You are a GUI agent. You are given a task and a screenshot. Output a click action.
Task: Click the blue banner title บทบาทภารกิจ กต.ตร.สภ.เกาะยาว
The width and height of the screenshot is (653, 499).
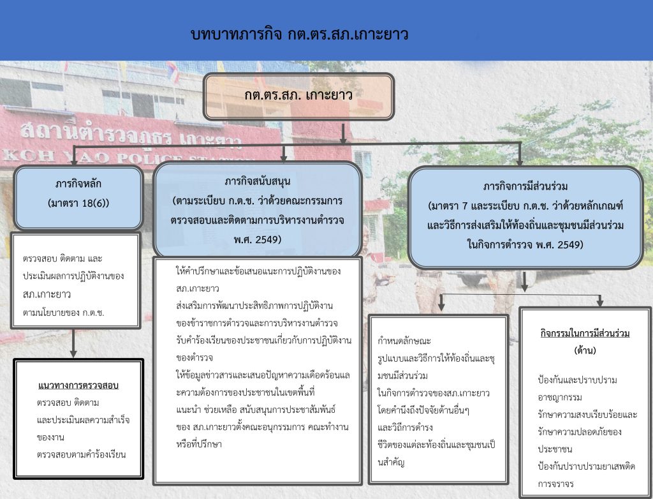299,34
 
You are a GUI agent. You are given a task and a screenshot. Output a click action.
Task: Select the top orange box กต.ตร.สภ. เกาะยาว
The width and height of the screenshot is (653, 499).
298,96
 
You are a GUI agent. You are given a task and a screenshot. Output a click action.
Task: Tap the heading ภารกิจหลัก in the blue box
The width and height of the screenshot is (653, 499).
78,184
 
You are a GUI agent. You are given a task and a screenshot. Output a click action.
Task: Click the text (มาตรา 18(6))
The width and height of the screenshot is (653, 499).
78,203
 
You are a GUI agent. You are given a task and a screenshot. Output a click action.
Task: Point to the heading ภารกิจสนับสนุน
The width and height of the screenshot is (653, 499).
258,181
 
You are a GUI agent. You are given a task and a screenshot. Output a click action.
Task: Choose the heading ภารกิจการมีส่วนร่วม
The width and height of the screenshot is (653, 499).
525,186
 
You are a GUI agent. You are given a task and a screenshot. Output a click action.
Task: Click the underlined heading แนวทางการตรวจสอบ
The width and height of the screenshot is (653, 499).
78,385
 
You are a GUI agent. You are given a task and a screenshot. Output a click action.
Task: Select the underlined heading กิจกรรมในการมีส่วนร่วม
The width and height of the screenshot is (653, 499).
585,333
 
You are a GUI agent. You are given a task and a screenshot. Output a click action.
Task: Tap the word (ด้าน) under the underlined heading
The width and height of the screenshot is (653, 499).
585,350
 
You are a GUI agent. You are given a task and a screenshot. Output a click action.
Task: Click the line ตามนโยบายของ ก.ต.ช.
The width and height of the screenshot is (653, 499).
64,312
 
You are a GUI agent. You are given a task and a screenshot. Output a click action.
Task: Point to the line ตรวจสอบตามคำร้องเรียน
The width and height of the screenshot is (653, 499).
81,454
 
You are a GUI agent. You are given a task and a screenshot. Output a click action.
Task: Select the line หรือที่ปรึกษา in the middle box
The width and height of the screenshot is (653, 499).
199,444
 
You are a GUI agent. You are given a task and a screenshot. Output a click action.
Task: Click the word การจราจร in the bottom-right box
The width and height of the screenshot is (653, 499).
555,484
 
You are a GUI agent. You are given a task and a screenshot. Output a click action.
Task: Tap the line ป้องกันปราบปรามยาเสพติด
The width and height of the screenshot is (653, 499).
587,466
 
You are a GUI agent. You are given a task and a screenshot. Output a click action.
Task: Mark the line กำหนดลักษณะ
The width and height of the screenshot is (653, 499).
404,341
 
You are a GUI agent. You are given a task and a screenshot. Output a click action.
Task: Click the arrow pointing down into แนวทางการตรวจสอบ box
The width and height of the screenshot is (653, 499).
73,343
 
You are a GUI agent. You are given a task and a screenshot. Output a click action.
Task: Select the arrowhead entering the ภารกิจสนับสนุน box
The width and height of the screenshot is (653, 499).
284,158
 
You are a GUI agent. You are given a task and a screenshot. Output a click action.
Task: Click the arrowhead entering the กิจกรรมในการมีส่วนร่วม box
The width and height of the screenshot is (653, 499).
599,302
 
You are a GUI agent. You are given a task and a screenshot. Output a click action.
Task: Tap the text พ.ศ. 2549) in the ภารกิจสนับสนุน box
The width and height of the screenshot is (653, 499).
258,239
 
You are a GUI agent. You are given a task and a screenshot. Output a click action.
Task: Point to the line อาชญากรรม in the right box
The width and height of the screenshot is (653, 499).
560,397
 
